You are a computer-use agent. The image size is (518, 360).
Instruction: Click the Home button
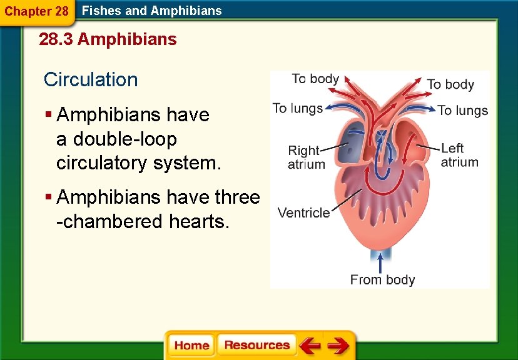[191, 346]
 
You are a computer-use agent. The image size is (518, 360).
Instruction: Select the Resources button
[256, 346]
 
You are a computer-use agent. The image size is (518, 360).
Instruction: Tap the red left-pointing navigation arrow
[309, 346]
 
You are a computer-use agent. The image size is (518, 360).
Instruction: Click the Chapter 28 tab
[36, 11]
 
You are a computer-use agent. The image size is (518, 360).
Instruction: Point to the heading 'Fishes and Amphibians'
[152, 10]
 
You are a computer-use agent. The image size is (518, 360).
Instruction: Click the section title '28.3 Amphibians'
[108, 40]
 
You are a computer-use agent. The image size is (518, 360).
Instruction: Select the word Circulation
[91, 79]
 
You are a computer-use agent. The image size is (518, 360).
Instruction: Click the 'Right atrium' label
[306, 157]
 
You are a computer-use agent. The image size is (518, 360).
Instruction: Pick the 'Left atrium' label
[459, 155]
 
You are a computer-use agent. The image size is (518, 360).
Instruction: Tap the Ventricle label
[303, 212]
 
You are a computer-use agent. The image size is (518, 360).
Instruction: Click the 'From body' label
[382, 279]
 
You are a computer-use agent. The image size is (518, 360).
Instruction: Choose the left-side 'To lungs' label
[298, 108]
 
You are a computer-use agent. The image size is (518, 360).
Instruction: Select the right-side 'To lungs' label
[462, 111]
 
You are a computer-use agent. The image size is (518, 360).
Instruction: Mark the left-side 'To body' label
[315, 79]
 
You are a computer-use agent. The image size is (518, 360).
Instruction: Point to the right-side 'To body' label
[450, 84]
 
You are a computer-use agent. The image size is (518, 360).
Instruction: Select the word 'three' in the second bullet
[237, 197]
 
